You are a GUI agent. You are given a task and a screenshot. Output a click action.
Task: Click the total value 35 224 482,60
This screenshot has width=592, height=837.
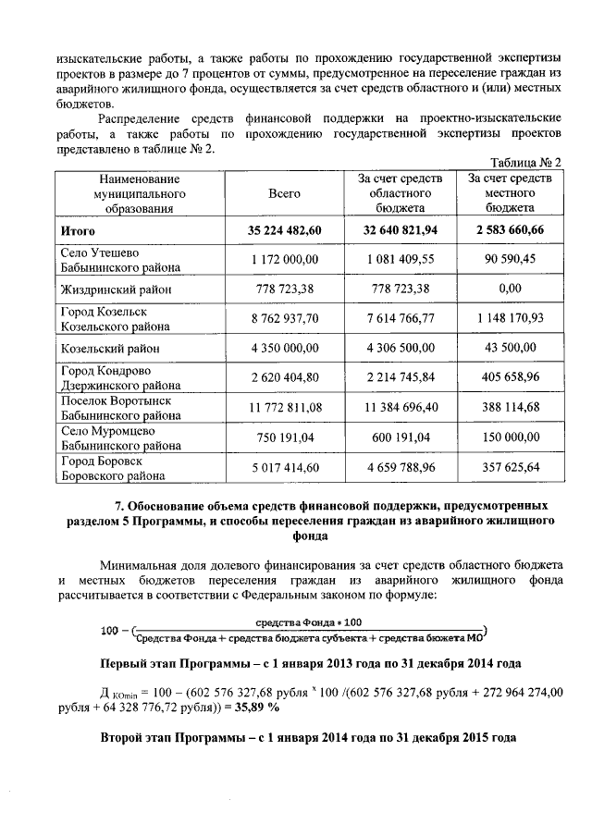tap(285, 230)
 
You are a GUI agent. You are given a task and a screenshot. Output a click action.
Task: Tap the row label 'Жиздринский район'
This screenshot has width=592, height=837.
tap(115, 290)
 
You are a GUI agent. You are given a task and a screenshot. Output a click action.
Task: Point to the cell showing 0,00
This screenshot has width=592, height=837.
tap(511, 289)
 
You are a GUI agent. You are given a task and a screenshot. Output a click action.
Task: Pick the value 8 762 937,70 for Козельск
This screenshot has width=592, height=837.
tap(285, 319)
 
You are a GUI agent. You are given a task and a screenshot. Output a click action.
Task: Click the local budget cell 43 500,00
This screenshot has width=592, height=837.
tap(511, 349)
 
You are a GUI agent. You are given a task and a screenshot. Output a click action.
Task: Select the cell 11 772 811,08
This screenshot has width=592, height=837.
tap(285, 409)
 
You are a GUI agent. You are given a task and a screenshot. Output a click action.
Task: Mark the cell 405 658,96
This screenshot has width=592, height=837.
tap(511, 378)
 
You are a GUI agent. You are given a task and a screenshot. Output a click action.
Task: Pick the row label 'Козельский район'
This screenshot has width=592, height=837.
tap(110, 349)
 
